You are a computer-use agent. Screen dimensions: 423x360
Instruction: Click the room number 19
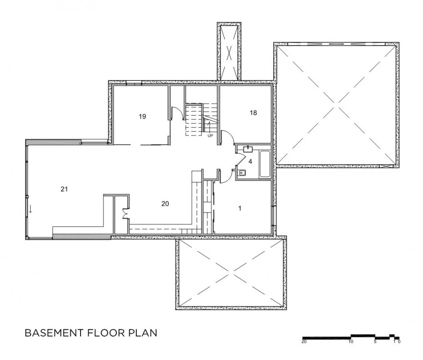click(x=143, y=117)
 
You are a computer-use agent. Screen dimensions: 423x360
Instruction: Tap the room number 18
click(x=253, y=113)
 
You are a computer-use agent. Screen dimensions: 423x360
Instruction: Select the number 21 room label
click(x=64, y=189)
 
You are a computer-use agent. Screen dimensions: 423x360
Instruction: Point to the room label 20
click(x=165, y=204)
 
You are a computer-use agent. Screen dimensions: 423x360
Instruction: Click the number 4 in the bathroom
click(x=250, y=162)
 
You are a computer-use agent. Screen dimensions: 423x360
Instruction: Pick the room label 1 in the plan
click(x=240, y=208)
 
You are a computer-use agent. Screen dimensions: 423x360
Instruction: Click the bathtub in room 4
click(x=265, y=164)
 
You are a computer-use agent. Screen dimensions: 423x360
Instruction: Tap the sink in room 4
click(x=247, y=148)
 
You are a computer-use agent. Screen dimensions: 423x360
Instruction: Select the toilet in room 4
click(x=242, y=172)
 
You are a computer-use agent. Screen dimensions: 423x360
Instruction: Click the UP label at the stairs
click(x=210, y=136)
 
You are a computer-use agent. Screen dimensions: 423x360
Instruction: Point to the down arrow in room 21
click(x=31, y=209)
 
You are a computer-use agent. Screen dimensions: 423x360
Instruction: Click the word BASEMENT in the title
click(x=54, y=333)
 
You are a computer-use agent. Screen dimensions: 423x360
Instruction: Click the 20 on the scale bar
click(x=304, y=342)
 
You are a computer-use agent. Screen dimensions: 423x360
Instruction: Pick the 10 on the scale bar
click(x=351, y=342)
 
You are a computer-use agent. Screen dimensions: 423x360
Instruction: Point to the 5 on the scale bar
click(x=375, y=342)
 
